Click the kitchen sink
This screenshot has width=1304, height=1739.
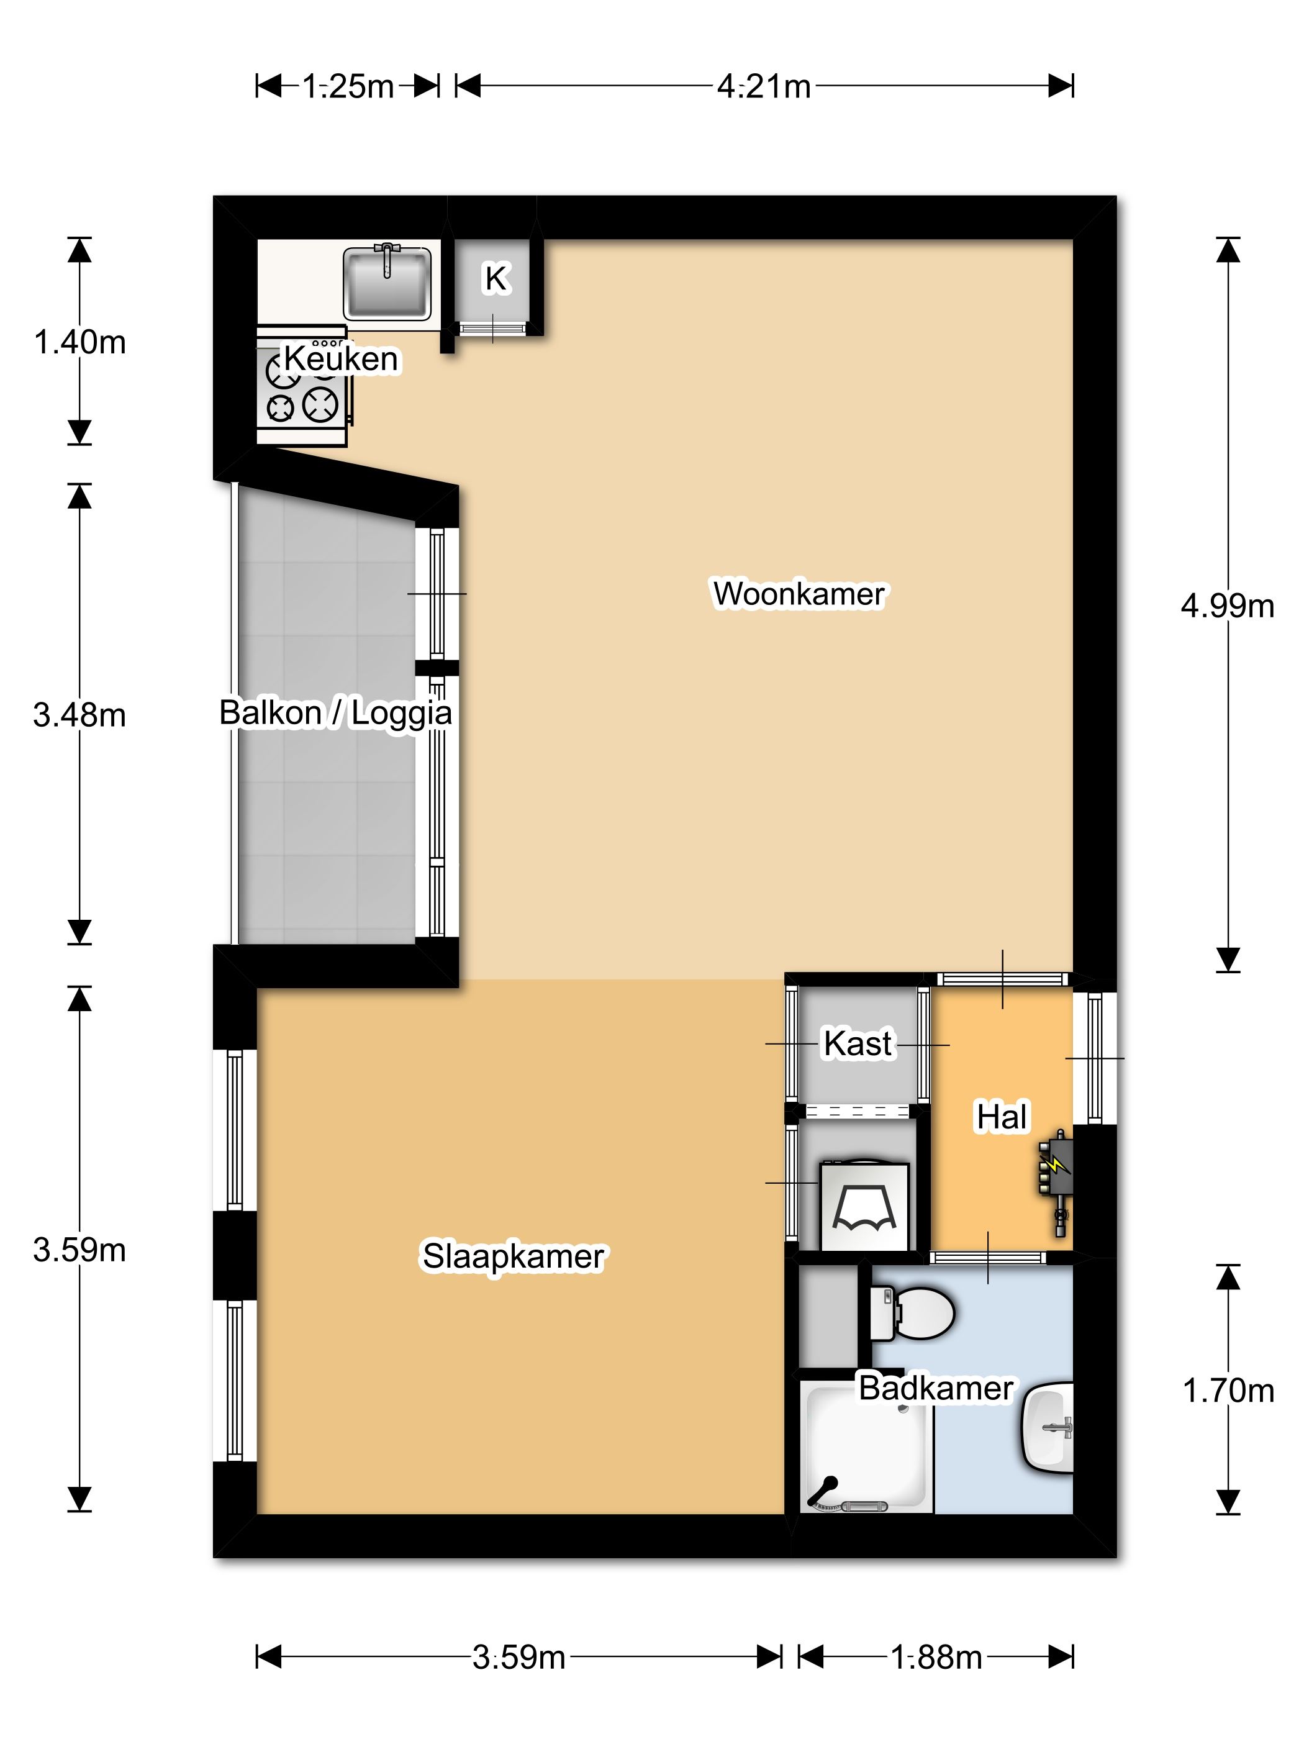tap(387, 281)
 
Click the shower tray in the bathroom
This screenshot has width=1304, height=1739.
tap(866, 1447)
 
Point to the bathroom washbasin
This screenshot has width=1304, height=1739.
tap(1048, 1426)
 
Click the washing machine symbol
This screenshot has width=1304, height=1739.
tap(864, 1206)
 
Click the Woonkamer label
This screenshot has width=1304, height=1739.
tap(799, 594)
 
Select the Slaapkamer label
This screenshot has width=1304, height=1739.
tap(514, 1256)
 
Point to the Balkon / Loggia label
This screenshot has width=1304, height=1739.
tap(336, 713)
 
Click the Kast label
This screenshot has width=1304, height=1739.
tap(858, 1044)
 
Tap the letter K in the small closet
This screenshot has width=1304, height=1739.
tap(496, 278)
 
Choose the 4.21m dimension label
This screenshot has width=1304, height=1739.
tap(763, 86)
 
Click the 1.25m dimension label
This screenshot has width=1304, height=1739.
tap(347, 86)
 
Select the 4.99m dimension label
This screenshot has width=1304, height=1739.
tap(1227, 606)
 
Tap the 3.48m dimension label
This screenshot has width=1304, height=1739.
tap(79, 715)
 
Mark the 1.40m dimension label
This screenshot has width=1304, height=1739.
tap(79, 343)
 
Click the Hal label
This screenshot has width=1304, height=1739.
tap(1002, 1116)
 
